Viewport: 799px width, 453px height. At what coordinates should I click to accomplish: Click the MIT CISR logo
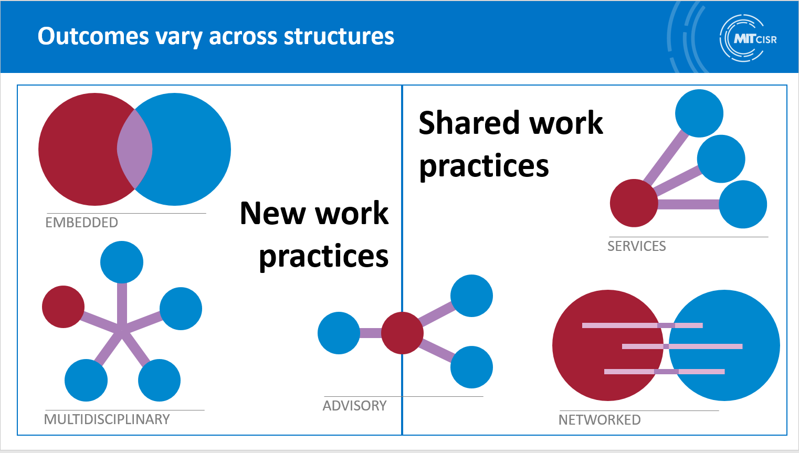[x=747, y=38]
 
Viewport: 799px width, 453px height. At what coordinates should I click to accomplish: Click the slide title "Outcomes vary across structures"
[x=216, y=36]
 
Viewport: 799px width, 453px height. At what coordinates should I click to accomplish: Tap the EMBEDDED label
[x=82, y=223]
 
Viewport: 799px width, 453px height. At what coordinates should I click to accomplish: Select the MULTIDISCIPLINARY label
[x=107, y=419]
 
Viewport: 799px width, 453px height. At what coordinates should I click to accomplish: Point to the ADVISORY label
[x=355, y=406]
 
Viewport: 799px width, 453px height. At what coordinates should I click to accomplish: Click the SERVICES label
[x=637, y=246]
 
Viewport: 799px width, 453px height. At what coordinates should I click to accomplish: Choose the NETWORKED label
[x=600, y=420]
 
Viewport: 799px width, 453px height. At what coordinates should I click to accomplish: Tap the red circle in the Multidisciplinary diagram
[x=63, y=307]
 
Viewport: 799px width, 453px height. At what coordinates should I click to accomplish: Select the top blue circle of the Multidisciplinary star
[x=122, y=262]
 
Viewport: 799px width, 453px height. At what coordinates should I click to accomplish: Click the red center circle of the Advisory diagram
[x=402, y=333]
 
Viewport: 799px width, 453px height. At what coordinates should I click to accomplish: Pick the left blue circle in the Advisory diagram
[x=339, y=333]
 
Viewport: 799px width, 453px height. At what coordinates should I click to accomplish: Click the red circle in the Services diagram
[x=634, y=203]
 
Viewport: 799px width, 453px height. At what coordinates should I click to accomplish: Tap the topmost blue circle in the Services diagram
[x=699, y=113]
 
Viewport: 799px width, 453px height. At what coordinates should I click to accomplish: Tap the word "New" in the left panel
[x=273, y=214]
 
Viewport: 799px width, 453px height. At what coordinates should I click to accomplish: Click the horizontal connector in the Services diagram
[x=688, y=204]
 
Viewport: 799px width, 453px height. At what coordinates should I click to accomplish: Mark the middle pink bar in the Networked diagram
[x=682, y=346]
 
